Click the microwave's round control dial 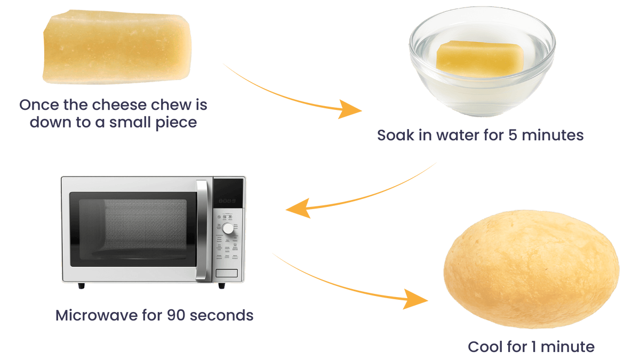click(x=228, y=228)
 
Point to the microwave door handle click(x=202, y=230)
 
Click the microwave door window click(x=133, y=230)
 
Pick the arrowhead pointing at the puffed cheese click(x=416, y=300)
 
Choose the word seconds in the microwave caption click(x=222, y=315)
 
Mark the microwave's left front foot click(x=81, y=286)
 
